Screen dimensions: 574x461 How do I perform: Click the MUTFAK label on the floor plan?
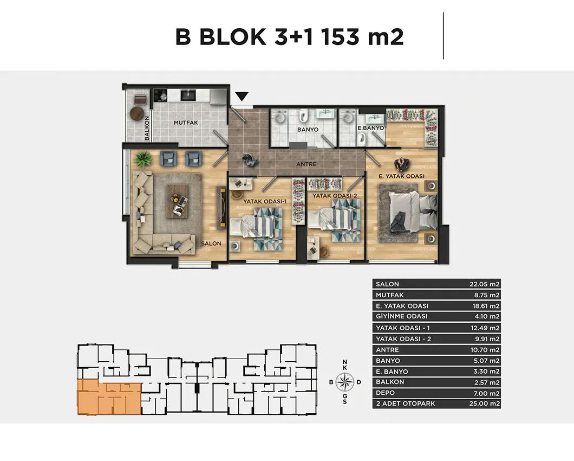(x=186, y=123)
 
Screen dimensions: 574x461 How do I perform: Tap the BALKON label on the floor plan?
(x=147, y=129)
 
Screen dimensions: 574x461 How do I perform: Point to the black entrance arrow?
(x=242, y=97)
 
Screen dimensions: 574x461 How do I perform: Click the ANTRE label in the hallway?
(x=306, y=164)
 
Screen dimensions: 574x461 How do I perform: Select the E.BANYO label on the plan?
(x=371, y=128)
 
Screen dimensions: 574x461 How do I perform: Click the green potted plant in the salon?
(x=143, y=159)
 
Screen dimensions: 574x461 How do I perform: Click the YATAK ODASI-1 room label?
(x=265, y=201)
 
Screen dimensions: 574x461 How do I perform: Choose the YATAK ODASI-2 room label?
(x=335, y=196)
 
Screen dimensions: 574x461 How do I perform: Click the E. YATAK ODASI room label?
(x=401, y=176)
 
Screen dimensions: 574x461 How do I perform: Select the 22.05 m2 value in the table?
(x=485, y=284)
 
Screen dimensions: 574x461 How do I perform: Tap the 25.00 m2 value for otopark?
(x=485, y=404)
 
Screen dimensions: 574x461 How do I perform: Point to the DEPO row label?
(x=385, y=393)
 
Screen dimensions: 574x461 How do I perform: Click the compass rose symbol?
(x=344, y=382)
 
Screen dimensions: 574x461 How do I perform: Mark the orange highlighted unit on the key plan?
(x=109, y=397)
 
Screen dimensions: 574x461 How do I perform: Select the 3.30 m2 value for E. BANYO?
(x=486, y=372)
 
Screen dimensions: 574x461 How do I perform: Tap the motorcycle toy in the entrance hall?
(x=250, y=160)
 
